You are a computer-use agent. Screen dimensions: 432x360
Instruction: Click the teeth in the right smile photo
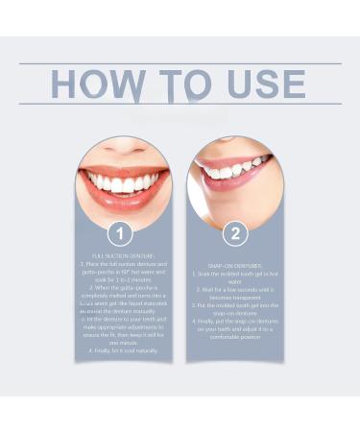click(x=230, y=170)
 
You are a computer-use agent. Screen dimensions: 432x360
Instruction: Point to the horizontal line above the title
click(x=180, y=63)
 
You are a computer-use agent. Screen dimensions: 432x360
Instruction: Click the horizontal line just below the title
click(x=180, y=105)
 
